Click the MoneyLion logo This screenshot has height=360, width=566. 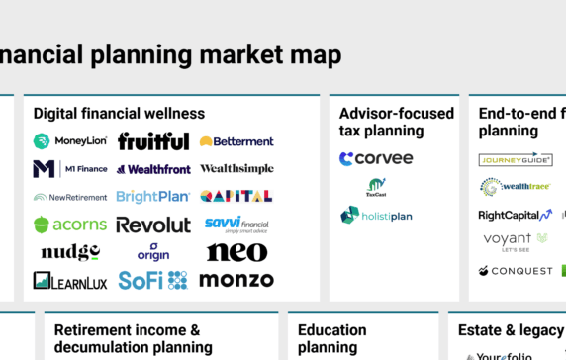(71, 141)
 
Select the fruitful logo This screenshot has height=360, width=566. (153, 141)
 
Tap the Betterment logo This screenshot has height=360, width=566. (236, 141)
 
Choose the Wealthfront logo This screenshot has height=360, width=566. (153, 169)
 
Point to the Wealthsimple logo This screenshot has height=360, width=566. (236, 169)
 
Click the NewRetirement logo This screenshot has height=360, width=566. (69, 197)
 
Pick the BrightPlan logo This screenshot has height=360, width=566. (153, 197)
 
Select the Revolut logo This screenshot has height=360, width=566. (153, 225)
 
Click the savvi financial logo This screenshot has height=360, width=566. (236, 224)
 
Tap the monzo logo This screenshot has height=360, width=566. (236, 280)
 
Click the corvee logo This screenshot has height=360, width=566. (376, 158)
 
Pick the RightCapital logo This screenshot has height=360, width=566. (515, 215)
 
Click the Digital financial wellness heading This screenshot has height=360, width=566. (119, 114)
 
